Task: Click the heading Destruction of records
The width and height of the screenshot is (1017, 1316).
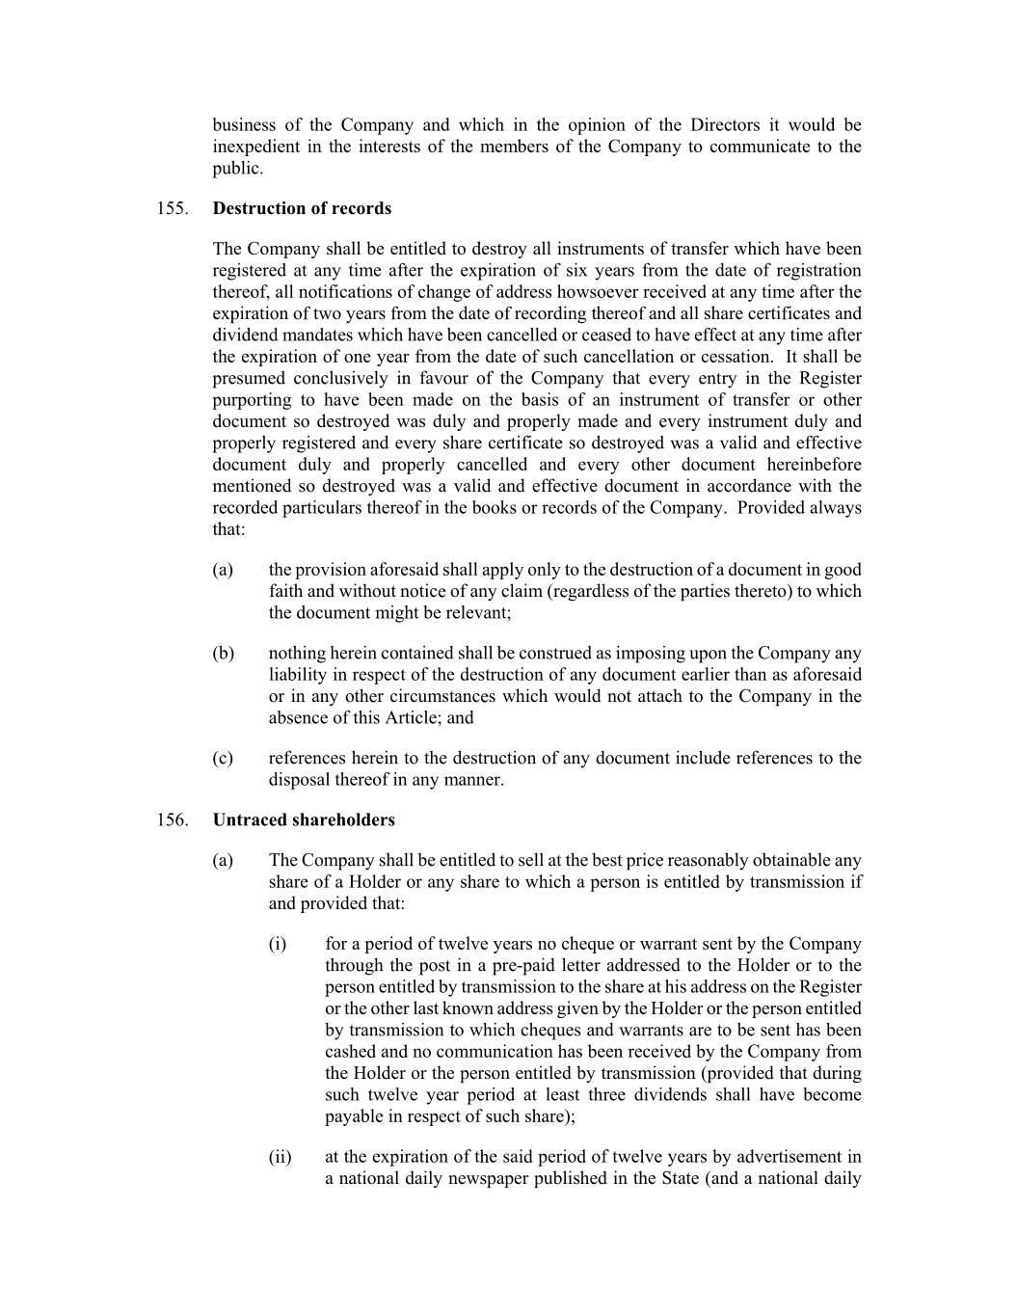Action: [302, 208]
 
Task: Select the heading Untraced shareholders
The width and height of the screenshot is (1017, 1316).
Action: [304, 819]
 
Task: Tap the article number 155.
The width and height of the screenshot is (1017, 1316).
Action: [171, 208]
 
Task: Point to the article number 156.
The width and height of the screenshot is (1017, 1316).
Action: [171, 819]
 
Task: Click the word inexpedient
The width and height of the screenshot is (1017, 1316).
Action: [259, 147]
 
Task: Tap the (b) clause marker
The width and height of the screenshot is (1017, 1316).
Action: [223, 654]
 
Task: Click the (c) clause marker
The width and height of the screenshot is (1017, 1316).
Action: [223, 758]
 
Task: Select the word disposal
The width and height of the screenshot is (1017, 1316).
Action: [299, 779]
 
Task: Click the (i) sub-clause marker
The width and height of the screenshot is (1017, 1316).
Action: [278, 944]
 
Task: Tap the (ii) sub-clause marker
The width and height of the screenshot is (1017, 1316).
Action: [280, 1157]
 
